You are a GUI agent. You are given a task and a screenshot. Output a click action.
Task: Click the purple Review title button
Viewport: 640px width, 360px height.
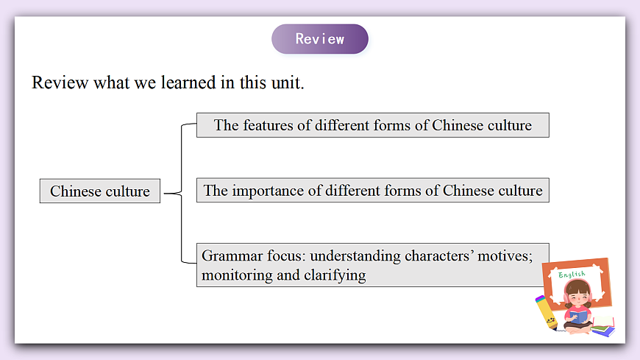coord(319,39)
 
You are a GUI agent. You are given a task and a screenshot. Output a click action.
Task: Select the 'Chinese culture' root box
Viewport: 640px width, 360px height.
coord(100,191)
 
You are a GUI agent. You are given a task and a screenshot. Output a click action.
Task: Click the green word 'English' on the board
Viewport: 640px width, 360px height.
coord(572,275)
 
